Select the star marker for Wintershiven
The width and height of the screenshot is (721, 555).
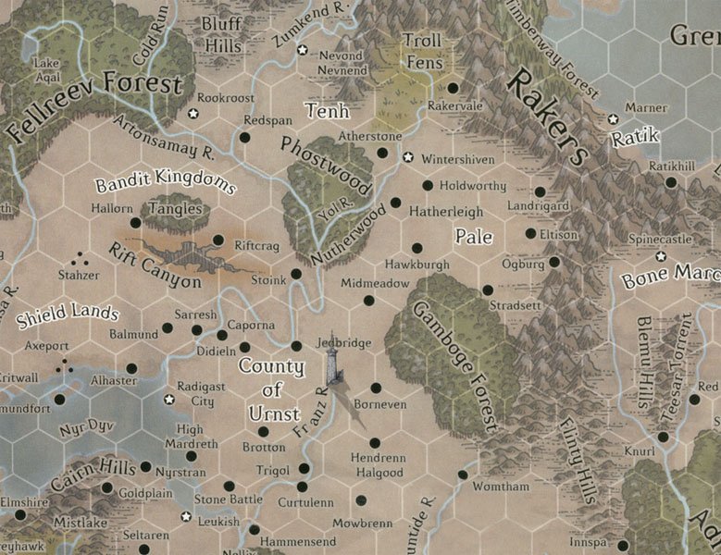pos(408,157)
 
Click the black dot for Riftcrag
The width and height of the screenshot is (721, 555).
pos(218,240)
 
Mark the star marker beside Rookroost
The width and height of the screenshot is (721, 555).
pos(193,114)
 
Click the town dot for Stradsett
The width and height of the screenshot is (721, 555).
pos(488,290)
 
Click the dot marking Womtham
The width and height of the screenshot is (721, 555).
pos(462,475)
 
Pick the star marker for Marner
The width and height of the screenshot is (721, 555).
pos(613,119)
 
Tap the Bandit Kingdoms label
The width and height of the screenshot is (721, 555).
pos(165,179)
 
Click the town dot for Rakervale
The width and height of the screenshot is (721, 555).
pos(453,88)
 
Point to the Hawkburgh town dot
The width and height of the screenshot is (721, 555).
pos(416,248)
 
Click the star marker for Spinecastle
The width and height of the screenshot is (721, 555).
pos(661,256)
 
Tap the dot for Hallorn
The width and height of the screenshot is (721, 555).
pos(135,223)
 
